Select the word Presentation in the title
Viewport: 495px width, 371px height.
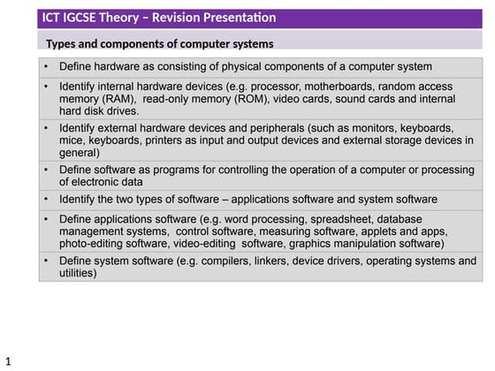pos(238,18)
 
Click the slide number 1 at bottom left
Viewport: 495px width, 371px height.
pos(8,361)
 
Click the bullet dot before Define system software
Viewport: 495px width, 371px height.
pos(46,261)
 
